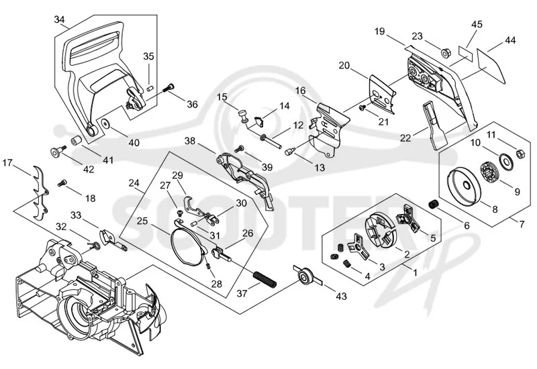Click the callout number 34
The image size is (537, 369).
pos(59,19)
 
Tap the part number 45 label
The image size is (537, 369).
pos(477,24)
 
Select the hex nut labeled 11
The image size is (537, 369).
pos(519,154)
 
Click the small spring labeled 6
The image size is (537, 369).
pos(434,205)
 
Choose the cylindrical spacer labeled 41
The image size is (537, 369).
pos(75,141)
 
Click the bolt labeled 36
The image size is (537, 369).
pos(168,88)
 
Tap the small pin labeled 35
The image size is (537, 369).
pos(149,89)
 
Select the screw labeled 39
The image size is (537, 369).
pos(239,148)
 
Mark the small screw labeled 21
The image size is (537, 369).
pos(362,108)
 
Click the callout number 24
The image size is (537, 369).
pos(134,183)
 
